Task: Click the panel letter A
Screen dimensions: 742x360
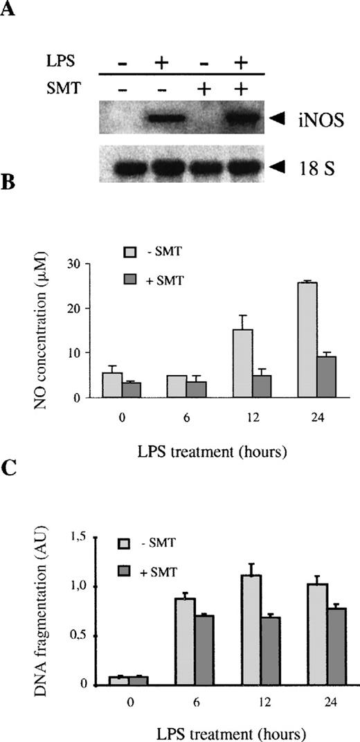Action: point(10,9)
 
